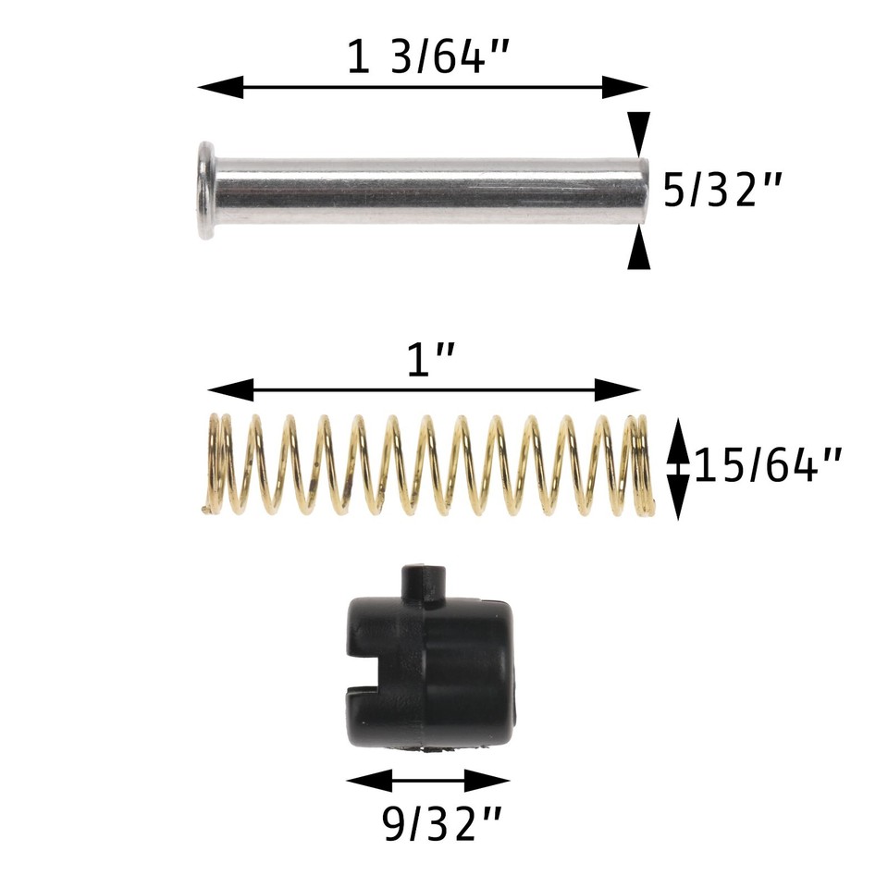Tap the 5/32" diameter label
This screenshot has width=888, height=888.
click(x=723, y=191)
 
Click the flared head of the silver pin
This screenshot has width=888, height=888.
click(x=205, y=190)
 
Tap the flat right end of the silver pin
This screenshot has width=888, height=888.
click(x=641, y=191)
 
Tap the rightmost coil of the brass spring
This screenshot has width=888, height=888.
click(x=642, y=464)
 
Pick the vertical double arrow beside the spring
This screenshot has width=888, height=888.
click(x=678, y=467)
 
